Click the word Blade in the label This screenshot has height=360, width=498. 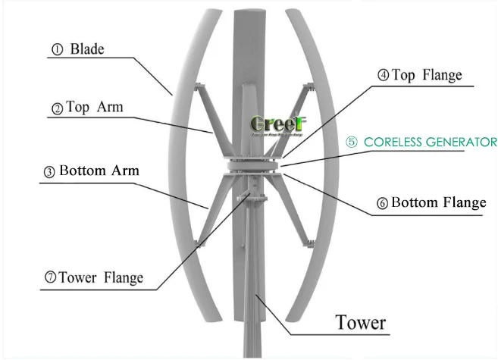[86, 50]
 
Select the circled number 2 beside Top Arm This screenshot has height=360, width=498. [57, 108]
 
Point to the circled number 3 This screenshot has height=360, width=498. [49, 172]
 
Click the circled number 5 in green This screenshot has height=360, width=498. [352, 142]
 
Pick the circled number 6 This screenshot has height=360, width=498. [382, 204]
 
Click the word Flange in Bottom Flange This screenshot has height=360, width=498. [463, 203]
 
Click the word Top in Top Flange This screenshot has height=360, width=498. [403, 75]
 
